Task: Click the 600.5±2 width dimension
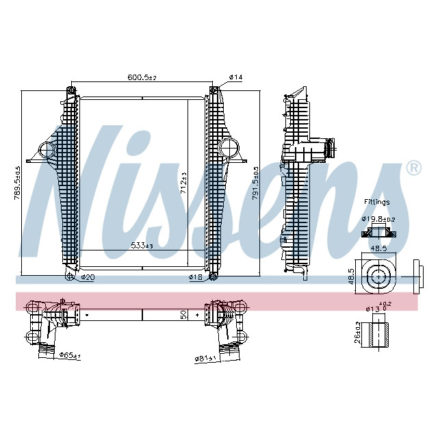[142, 77]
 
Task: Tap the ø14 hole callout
[235, 77]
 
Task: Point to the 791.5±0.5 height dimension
[256, 183]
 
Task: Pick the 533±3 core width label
[141, 245]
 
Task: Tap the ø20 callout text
[87, 277]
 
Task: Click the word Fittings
[377, 203]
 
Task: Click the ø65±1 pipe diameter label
[69, 355]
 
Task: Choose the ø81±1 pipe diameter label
[206, 357]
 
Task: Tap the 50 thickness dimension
[183, 315]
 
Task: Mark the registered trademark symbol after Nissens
[413, 168]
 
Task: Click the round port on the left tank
[47, 149]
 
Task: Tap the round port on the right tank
[229, 146]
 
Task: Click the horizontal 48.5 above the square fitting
[377, 249]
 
